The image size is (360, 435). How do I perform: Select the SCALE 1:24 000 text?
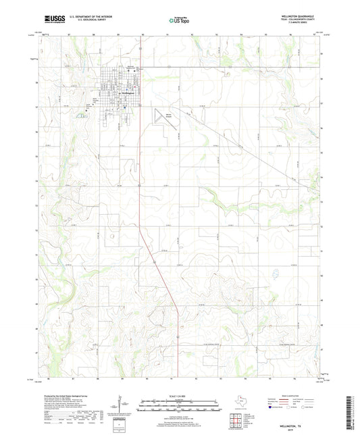pyautogui.click(x=180, y=394)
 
